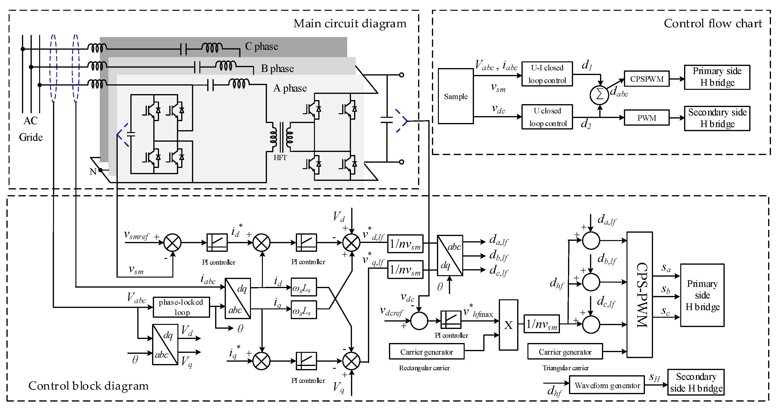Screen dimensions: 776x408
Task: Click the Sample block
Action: click(456, 96)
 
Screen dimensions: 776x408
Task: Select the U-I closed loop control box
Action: click(547, 74)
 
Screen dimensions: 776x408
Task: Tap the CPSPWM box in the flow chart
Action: click(647, 79)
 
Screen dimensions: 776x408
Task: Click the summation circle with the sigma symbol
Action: click(600, 95)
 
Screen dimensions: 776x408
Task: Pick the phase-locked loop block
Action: click(181, 307)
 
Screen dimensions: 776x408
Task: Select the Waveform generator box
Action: click(607, 385)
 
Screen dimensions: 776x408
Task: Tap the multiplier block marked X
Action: click(509, 325)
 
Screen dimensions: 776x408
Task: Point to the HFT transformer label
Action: click(280, 158)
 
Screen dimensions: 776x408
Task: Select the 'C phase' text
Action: click(261, 46)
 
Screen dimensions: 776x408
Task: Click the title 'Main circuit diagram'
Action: click(350, 23)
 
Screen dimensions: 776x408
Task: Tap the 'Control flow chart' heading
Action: click(713, 23)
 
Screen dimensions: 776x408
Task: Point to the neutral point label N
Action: click(93, 172)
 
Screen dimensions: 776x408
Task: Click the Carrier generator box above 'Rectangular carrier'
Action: click(426, 351)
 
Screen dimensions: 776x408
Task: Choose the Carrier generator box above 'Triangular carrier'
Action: click(565, 351)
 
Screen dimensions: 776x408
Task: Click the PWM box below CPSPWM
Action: click(647, 118)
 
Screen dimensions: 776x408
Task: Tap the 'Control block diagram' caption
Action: click(89, 386)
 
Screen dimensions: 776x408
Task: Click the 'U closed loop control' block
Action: click(547, 117)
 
